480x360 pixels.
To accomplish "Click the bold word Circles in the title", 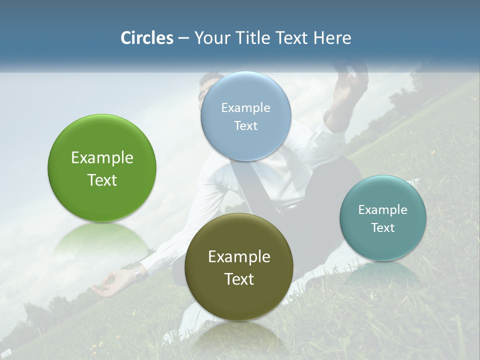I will [x=146, y=38].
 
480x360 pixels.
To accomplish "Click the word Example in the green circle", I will [x=102, y=158].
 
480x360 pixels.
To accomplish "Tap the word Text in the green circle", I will [x=102, y=180].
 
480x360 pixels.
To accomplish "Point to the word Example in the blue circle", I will [x=245, y=108].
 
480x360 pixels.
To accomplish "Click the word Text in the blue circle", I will [x=245, y=125].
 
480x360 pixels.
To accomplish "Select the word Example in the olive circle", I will [x=239, y=257].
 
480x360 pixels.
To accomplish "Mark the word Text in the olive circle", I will [x=239, y=279].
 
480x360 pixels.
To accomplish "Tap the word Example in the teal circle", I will [x=383, y=210].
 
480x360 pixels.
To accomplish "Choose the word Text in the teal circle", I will [x=383, y=228].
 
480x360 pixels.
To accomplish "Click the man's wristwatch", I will [x=138, y=273].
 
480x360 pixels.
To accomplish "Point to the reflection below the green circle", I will [x=102, y=240].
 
